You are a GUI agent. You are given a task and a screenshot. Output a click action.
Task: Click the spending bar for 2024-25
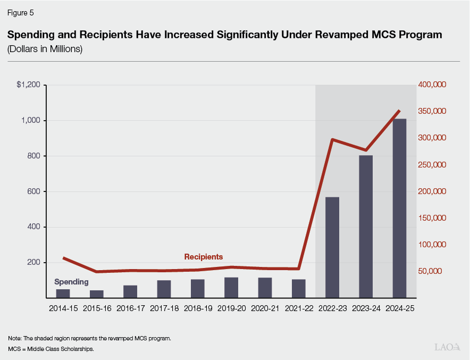pos(399,208)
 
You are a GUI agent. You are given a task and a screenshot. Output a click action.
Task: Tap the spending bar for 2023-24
pos(366,227)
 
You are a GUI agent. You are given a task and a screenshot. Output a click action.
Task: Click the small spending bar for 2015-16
pos(97,294)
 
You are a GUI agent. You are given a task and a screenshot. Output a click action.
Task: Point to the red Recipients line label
pos(203,257)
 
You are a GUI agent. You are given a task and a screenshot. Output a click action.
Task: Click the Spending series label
pos(72,282)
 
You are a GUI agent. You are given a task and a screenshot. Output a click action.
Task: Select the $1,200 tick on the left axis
pos(28,85)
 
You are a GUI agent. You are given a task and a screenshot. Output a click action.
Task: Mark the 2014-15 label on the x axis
pos(63,308)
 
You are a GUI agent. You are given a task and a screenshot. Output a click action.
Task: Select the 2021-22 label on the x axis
pos(298,308)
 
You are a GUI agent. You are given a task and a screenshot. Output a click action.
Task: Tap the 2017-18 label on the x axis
pos(164,308)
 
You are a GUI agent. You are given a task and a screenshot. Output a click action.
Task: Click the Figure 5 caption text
pos(20,12)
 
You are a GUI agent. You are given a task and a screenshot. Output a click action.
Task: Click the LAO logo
pos(447,347)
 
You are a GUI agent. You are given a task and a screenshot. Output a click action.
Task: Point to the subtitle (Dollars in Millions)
pos(45,49)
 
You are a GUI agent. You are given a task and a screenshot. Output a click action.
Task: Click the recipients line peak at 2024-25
pos(399,111)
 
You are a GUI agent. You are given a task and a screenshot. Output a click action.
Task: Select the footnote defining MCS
pos(51,349)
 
